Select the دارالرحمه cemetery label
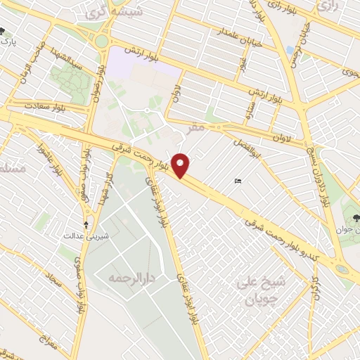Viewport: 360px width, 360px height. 130,278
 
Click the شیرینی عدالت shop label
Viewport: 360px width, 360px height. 86,236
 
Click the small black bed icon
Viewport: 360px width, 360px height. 238,182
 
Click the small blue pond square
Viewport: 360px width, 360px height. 290,50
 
